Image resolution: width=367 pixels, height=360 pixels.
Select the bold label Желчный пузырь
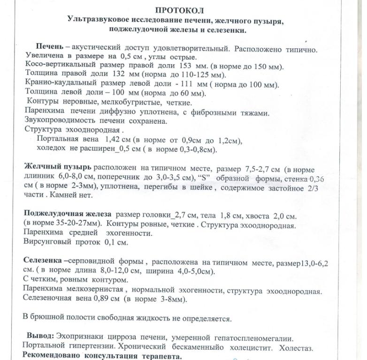point(58,167)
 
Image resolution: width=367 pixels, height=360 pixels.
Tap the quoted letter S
point(204,178)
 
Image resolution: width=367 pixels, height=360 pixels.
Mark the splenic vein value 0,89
point(103,299)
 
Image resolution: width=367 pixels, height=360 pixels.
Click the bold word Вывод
point(40,337)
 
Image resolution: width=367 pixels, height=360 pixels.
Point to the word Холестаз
point(296,348)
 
